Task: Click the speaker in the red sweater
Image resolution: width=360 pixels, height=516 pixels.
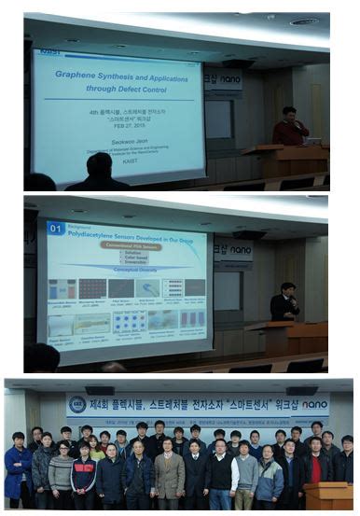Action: (290, 128)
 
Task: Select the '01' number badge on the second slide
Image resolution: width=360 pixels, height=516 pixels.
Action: (55, 228)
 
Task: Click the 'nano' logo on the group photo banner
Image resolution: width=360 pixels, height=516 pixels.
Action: (314, 405)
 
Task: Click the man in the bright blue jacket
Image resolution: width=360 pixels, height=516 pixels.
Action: (17, 468)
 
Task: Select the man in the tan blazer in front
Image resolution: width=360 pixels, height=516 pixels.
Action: (169, 474)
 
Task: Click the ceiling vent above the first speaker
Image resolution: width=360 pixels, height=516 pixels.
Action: (303, 21)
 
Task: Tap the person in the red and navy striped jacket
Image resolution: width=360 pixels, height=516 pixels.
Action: (83, 475)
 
